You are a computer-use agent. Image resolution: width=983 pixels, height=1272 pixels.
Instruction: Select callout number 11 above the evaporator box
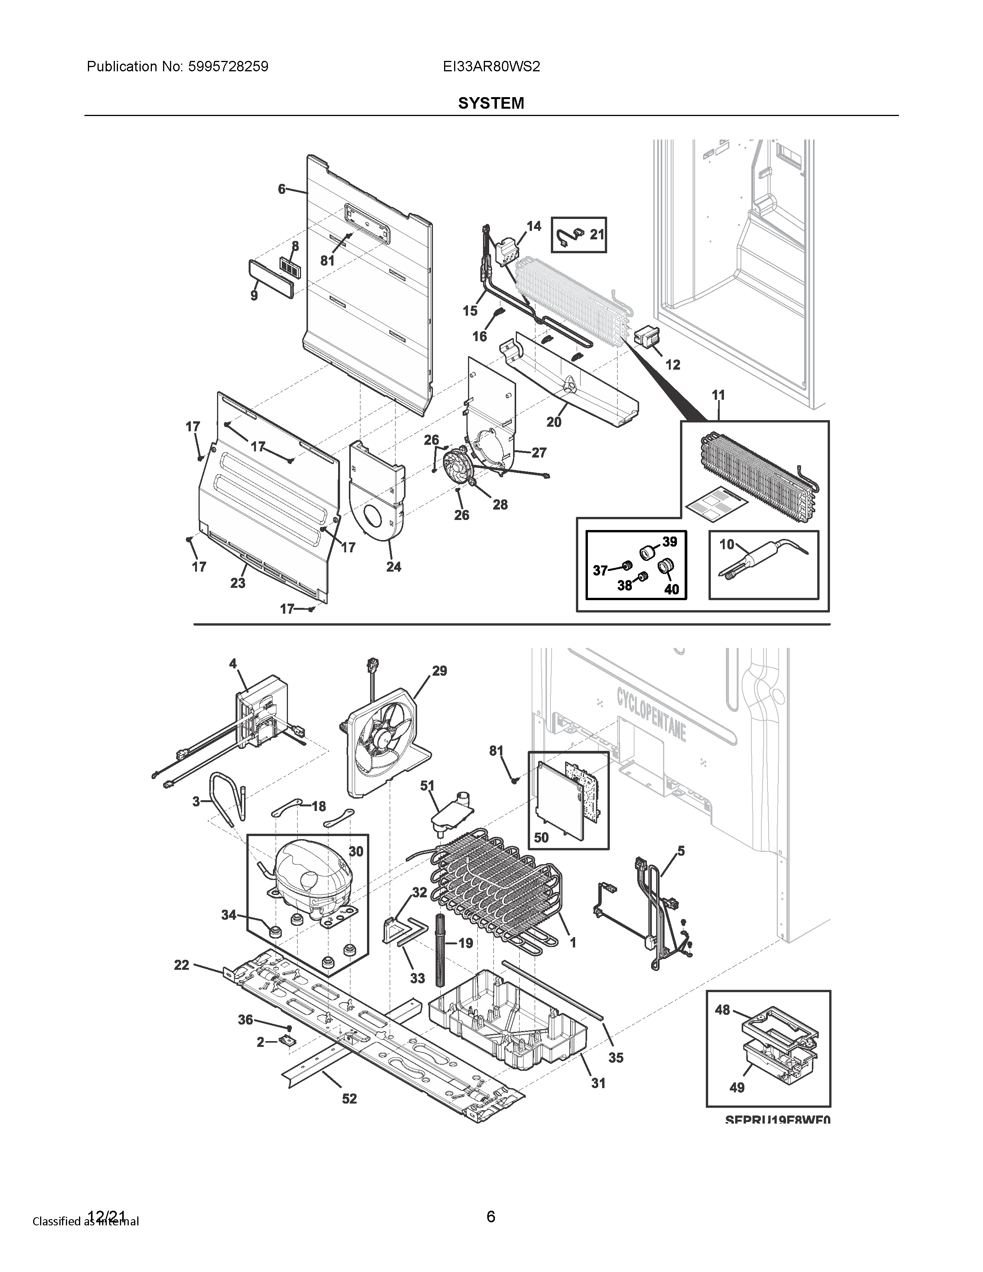pos(718,395)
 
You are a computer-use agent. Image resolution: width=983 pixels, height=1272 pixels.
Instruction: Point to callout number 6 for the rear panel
pos(282,189)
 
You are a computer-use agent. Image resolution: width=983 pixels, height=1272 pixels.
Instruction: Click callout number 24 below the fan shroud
pos(394,567)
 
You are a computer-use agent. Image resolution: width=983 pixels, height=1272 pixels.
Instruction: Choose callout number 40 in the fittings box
pos(672,589)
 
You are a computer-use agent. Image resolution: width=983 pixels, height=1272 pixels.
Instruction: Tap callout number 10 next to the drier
pos(727,545)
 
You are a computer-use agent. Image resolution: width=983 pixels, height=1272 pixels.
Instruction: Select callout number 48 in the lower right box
pos(722,1010)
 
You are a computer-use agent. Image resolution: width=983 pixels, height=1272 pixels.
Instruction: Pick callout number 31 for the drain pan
pos(598,1083)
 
